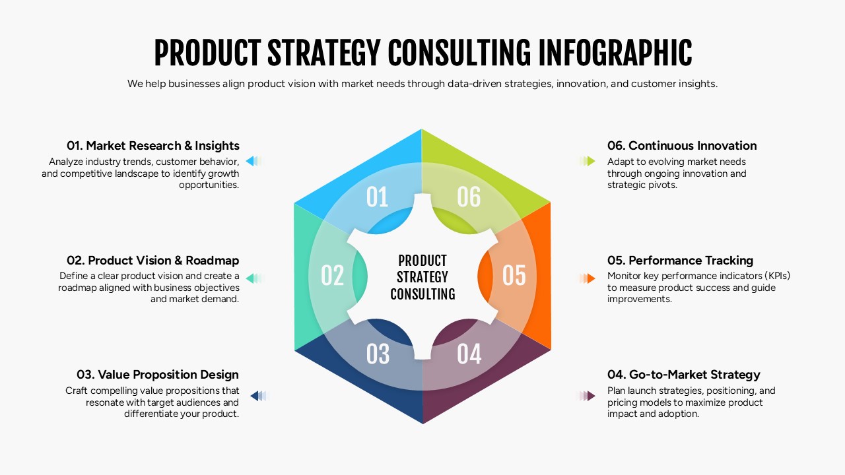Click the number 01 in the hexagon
377,197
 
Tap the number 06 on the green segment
469,197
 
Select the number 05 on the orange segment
514,276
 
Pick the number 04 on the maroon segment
469,354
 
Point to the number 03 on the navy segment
378,354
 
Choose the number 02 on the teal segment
333,276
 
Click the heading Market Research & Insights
153,146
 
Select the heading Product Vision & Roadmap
153,261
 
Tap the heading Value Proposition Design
152,375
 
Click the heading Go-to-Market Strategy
684,375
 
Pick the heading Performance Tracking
680,261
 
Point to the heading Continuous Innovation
682,146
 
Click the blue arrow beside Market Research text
252,161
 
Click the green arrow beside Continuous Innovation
590,161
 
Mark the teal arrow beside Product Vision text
252,278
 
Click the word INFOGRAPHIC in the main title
615,53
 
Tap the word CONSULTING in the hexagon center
422,294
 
